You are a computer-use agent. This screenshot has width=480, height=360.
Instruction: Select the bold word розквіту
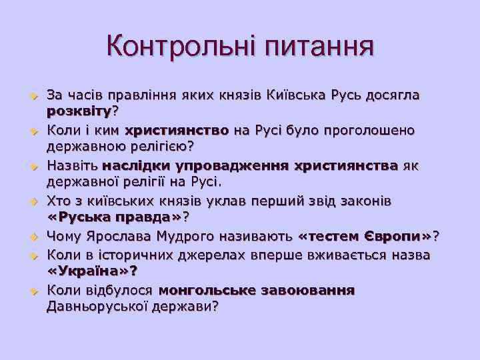point(79,109)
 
